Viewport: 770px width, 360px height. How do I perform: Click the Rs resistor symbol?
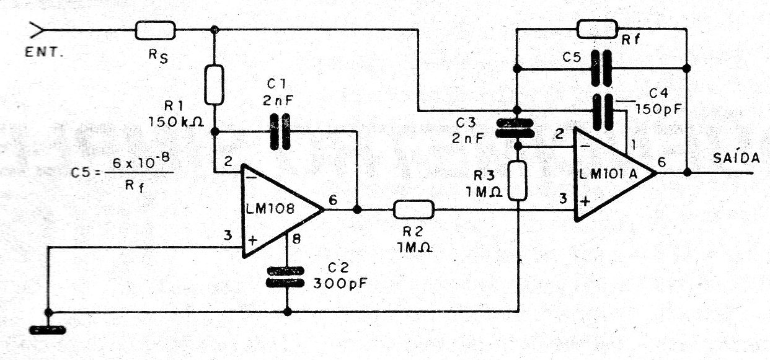click(156, 30)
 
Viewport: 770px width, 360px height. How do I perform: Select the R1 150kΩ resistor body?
click(214, 84)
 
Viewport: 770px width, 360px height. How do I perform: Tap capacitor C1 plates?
click(280, 131)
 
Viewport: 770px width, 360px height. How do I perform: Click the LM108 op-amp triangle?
click(283, 210)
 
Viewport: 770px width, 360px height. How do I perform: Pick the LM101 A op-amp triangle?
click(615, 174)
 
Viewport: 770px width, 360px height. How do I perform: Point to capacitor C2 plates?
click(285, 277)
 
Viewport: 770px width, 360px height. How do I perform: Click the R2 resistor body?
click(414, 209)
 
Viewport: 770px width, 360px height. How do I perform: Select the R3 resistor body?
click(518, 180)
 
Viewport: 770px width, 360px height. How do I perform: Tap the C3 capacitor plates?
click(515, 128)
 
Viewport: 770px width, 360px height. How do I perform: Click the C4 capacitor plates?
click(603, 112)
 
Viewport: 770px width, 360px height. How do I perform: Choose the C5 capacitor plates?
click(601, 68)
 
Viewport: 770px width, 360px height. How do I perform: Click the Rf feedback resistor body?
click(598, 29)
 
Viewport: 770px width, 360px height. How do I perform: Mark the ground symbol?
click(48, 330)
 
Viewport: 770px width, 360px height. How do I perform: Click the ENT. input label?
click(44, 53)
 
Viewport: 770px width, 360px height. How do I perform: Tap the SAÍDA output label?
click(737, 157)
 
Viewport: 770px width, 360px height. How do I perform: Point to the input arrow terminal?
click(36, 30)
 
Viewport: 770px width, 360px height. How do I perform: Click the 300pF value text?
click(340, 284)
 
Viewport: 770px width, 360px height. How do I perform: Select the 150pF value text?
click(658, 110)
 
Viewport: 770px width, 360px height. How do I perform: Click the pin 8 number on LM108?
click(296, 239)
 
